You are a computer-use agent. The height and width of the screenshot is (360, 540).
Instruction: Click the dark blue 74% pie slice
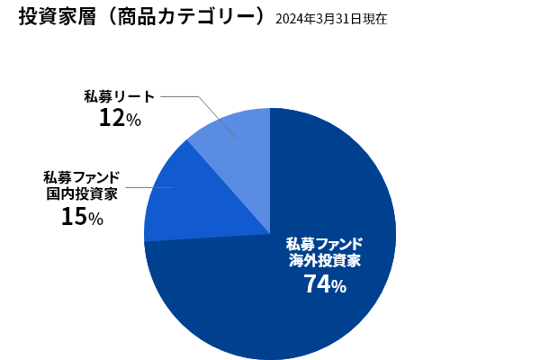point(297,306)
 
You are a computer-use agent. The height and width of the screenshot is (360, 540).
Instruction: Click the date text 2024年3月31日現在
point(330,19)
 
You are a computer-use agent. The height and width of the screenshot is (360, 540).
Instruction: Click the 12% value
point(120,117)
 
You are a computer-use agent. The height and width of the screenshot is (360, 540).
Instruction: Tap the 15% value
point(82,216)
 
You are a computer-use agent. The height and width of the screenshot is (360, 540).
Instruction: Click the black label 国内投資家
point(82,193)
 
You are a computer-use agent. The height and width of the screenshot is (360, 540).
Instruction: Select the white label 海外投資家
point(325,261)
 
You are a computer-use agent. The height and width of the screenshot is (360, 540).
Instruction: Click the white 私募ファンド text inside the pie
point(325,243)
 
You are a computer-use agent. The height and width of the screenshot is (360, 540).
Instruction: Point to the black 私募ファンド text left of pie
point(82,175)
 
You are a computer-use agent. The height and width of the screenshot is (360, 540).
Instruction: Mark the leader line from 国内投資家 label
point(148,188)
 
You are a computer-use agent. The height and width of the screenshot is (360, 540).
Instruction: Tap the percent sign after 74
point(338,287)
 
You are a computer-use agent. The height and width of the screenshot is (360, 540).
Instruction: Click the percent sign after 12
point(133,120)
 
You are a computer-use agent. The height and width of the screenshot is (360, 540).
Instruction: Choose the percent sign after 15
point(95,219)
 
